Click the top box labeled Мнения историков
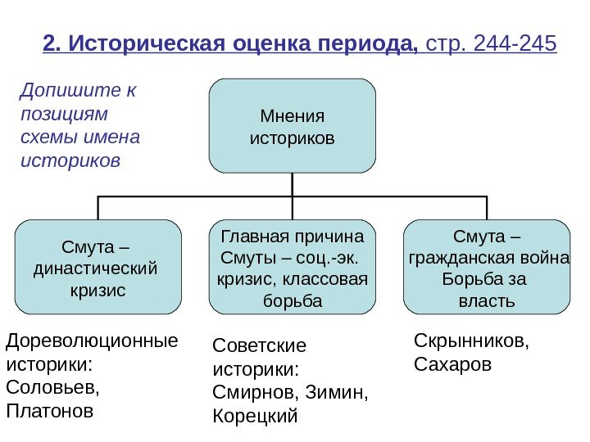pyautogui.click(x=292, y=126)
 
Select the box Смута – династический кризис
pyautogui.click(x=98, y=267)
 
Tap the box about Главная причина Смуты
pyautogui.click(x=292, y=267)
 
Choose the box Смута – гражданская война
pyautogui.click(x=488, y=267)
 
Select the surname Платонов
pyautogui.click(x=50, y=408)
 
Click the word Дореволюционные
pyautogui.click(x=91, y=339)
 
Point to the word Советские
pyautogui.click(x=258, y=346)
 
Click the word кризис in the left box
pyautogui.click(x=98, y=290)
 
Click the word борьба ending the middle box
pyautogui.click(x=292, y=301)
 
